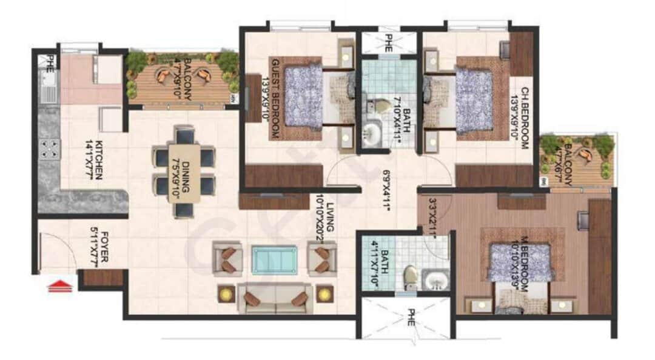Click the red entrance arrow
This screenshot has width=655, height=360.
(x=61, y=285)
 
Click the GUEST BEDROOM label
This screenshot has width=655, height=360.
(x=274, y=99)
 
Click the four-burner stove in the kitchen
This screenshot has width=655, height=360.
(x=49, y=148)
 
